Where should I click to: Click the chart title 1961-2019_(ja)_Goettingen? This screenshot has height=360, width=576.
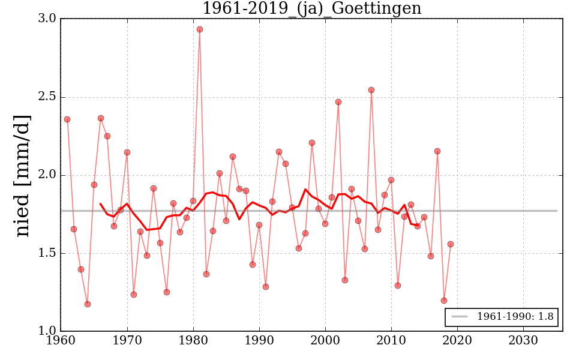[x=311, y=9]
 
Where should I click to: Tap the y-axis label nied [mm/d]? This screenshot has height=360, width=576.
[x=23, y=175]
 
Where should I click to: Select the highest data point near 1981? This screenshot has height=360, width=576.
[x=200, y=29]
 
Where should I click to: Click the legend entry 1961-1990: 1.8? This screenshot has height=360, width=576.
[x=515, y=317]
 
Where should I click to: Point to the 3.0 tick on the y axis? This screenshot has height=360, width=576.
[x=49, y=19]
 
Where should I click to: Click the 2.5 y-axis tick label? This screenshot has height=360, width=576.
[x=49, y=97]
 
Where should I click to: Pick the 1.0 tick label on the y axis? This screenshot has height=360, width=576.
[x=49, y=331]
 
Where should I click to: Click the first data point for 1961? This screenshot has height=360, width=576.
[x=67, y=119]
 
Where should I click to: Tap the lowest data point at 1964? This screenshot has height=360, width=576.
[x=88, y=304]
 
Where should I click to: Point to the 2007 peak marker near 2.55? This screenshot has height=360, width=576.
[x=371, y=90]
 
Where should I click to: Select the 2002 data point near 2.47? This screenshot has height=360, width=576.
[x=338, y=102]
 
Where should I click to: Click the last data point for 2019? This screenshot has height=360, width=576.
[x=451, y=244]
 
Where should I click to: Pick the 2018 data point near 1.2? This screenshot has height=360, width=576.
[x=444, y=301]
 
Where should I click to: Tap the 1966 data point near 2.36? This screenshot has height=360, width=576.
[x=101, y=118]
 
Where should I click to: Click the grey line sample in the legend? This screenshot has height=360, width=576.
[x=459, y=317]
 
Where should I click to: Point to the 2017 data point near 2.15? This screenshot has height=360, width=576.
[x=437, y=151]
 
